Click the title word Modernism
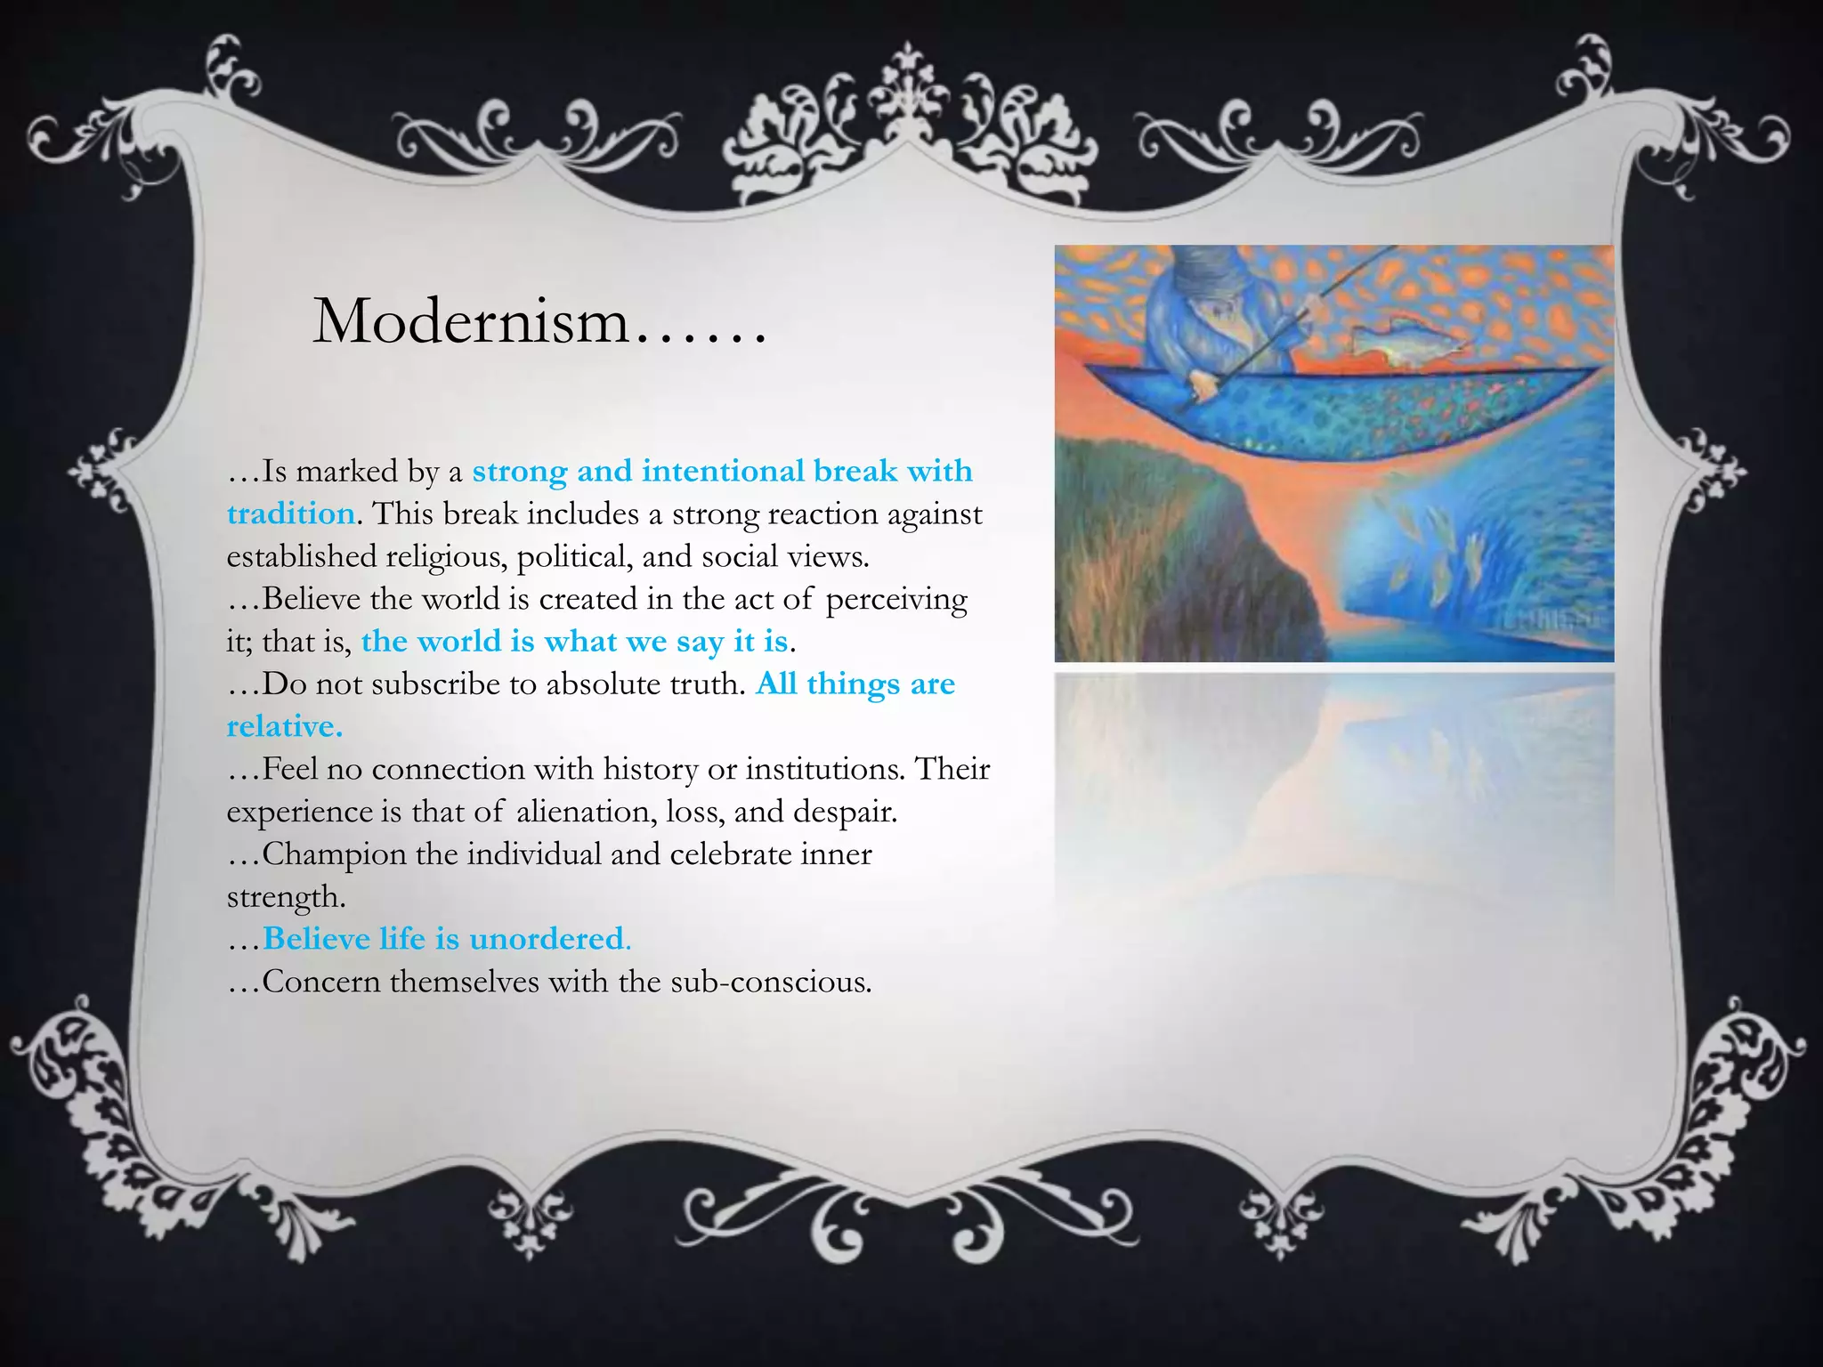(472, 321)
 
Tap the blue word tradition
(290, 514)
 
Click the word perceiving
(895, 600)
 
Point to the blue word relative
(283, 727)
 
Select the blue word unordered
(547, 939)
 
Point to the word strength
(285, 897)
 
